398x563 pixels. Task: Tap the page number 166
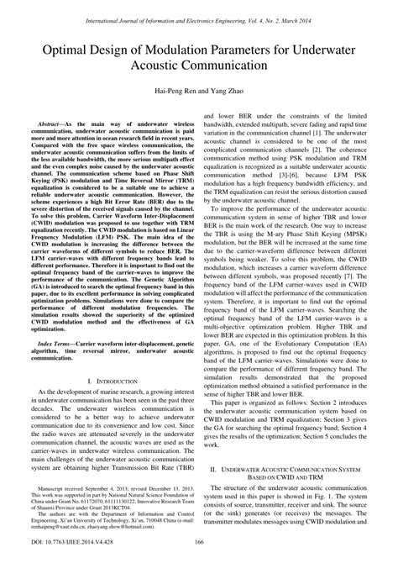199,551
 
